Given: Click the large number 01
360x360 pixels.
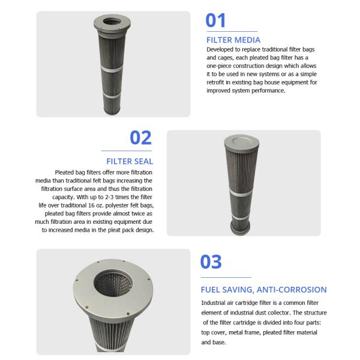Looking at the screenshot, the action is click(215, 20).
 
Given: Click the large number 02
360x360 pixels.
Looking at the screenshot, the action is click(140, 138).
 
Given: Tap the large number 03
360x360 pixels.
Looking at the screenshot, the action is click(211, 262).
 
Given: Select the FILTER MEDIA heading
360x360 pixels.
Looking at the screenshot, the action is click(233, 40).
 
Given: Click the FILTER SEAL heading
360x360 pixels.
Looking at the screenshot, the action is click(130, 161).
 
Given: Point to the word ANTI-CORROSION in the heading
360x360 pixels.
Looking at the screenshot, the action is click(292, 290).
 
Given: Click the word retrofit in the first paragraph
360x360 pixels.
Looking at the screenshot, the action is click(215, 82).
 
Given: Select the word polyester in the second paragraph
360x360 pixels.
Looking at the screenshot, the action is click(117, 205).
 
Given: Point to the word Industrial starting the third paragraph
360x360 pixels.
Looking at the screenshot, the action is click(213, 303).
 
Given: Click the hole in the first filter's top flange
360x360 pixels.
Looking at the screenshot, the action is click(112, 22).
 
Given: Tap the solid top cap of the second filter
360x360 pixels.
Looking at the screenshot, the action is click(242, 140).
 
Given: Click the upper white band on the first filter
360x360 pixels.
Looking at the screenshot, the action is click(112, 69).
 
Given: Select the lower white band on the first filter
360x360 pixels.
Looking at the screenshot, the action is click(112, 95).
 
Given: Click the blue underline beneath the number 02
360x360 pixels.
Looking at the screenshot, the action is click(127, 151).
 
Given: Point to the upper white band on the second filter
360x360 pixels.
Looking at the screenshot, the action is click(241, 193).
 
